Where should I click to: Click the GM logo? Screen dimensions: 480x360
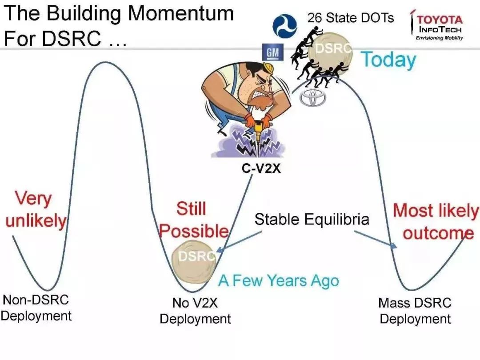[x=273, y=52]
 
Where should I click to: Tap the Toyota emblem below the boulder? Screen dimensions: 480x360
[x=312, y=98]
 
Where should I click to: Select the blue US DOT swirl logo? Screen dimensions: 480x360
[x=284, y=25]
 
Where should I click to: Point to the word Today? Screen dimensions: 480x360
[x=389, y=60]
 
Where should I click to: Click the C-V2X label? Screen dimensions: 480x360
[x=261, y=168]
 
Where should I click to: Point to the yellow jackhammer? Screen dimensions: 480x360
[x=258, y=128]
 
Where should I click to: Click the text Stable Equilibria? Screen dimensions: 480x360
[x=312, y=219]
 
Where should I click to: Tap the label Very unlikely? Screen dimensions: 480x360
[x=36, y=210]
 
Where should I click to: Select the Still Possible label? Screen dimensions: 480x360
[x=193, y=220]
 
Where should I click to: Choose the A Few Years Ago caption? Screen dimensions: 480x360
[x=279, y=281]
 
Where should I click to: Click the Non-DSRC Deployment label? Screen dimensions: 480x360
[x=36, y=308]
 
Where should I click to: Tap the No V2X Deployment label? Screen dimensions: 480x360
[x=195, y=311]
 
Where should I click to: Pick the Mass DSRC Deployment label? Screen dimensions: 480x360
[x=415, y=311]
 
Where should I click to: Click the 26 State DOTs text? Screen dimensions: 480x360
[x=351, y=18]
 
